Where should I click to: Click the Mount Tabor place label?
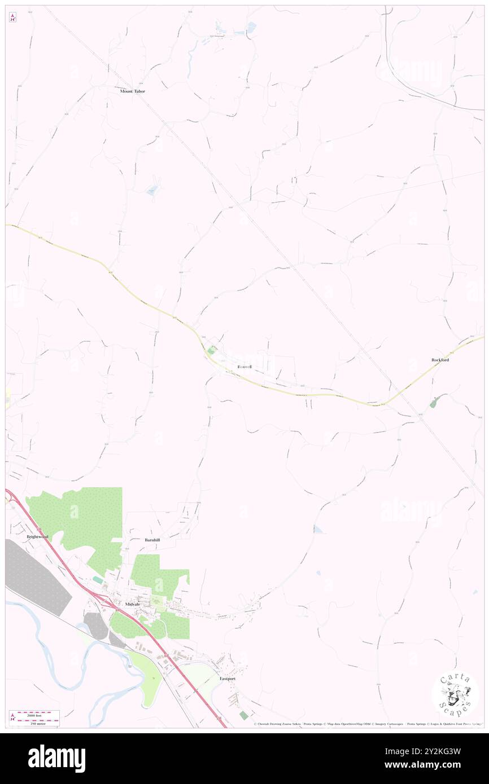pos(133,91)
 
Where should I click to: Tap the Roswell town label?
pos(244,367)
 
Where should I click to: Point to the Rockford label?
pos(440,359)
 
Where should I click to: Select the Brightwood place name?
pos(37,537)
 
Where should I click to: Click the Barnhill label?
pos(152,540)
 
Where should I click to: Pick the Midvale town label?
pos(129,604)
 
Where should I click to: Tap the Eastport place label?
pos(228,679)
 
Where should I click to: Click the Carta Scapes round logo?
pos(455,694)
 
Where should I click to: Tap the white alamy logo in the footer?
pos(56,758)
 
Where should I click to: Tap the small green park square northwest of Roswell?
pos(212,350)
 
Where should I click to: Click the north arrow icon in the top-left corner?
pos(12,18)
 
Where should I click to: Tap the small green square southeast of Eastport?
pos(243,715)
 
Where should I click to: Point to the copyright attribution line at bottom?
pos(367,724)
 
